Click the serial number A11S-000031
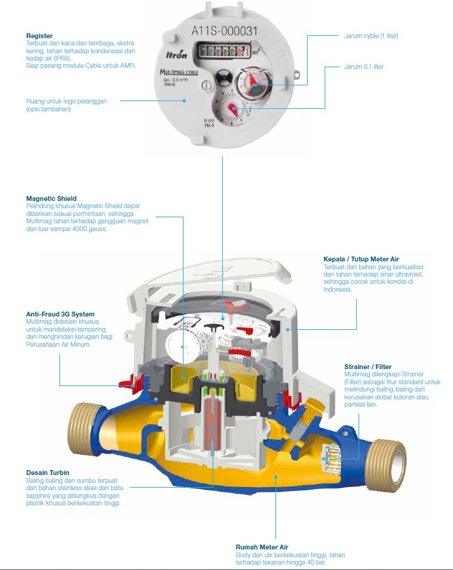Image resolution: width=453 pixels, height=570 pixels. pos(225,30)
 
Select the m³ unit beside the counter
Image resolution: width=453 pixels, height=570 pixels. pos(257,52)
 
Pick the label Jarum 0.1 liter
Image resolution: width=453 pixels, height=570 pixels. pos(363,67)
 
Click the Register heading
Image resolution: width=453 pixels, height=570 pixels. pos(39,36)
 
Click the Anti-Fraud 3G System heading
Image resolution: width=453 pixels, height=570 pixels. pos(61,315)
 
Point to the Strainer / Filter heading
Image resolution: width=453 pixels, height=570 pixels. pos(368,367)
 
